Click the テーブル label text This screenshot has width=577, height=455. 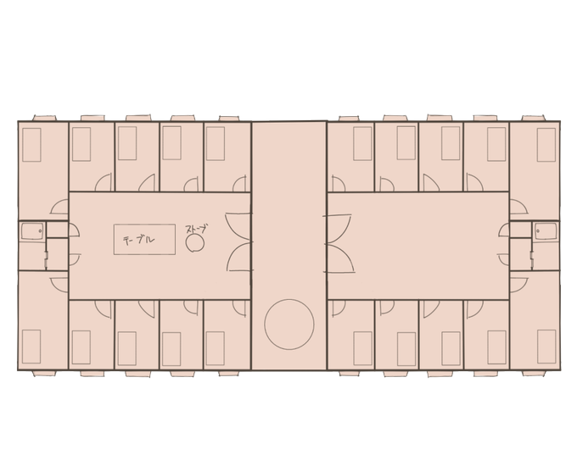pyautogui.click(x=138, y=240)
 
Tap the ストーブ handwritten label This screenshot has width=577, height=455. pyautogui.click(x=197, y=230)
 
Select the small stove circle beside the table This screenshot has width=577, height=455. pyautogui.click(x=195, y=243)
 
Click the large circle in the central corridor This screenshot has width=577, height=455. pyautogui.click(x=289, y=325)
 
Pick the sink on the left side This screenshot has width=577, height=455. pyautogui.click(x=32, y=231)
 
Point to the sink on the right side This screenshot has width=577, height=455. pyautogui.click(x=546, y=231)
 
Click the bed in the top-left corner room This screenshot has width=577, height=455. pyautogui.click(x=31, y=144)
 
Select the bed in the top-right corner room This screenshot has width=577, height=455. pyautogui.click(x=546, y=144)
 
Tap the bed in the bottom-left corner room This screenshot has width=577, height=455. pyautogui.click(x=31, y=347)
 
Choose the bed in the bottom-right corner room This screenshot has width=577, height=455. pyautogui.click(x=546, y=347)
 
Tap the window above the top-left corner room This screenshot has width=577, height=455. pyautogui.click(x=44, y=118)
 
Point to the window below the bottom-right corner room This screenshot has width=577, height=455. pyautogui.click(x=534, y=374)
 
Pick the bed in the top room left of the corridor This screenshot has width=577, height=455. pyautogui.click(x=216, y=144)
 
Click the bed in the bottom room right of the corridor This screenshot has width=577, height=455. pyautogui.click(x=362, y=348)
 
